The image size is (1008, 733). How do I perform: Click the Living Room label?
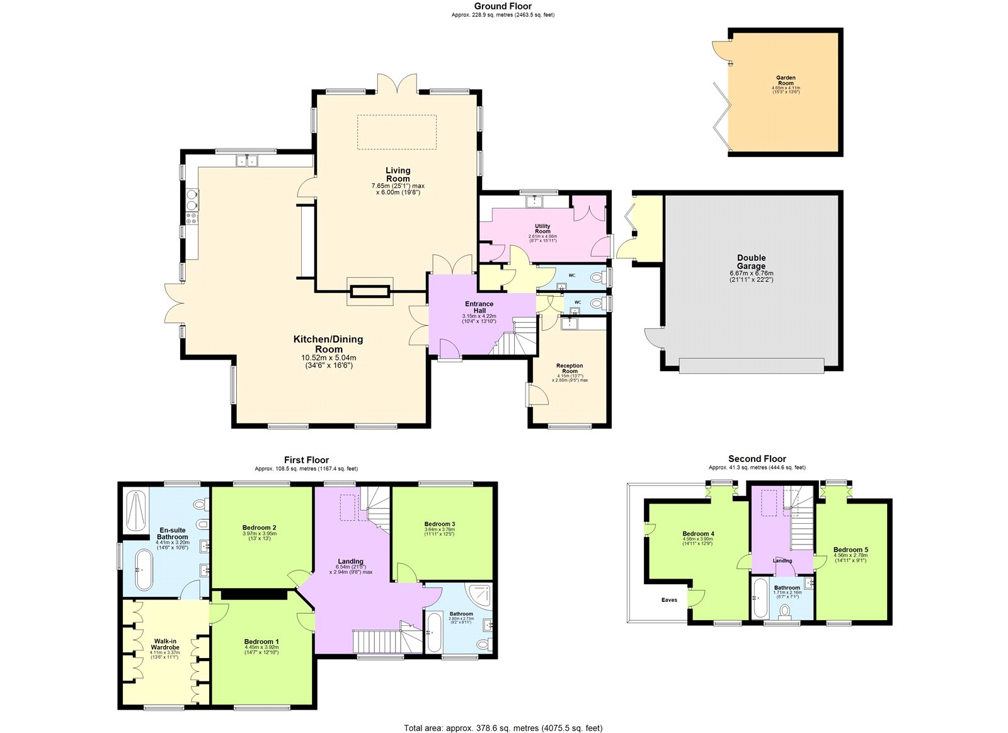pos(398,175)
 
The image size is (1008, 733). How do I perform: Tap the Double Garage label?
pos(751,262)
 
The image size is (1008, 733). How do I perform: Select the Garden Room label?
pos(786,81)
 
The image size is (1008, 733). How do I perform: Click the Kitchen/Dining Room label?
pos(328,344)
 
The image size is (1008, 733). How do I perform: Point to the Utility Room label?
pos(542,229)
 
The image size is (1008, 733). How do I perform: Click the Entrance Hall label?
pos(479,308)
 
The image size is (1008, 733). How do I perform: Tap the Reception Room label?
pos(570,369)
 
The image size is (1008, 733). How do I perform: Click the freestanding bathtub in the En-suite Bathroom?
pos(144,570)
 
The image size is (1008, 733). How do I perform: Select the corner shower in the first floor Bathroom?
pos(479,596)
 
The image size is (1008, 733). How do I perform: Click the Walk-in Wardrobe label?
pos(166,644)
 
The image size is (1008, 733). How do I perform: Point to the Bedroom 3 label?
pos(439,524)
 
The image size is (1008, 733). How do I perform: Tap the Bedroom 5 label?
pos(850,550)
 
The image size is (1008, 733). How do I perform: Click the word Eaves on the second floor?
pos(669,600)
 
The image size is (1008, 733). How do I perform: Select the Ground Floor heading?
pos(503,6)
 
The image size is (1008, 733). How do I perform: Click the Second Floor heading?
pos(757,459)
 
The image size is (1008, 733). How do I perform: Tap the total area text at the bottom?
pos(503,728)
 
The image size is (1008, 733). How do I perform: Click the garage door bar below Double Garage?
pos(752,366)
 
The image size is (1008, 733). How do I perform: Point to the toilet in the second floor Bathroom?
pos(785,611)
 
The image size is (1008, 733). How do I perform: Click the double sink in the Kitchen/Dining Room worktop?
pos(248,161)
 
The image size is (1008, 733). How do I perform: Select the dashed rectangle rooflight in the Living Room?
pos(397,132)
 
